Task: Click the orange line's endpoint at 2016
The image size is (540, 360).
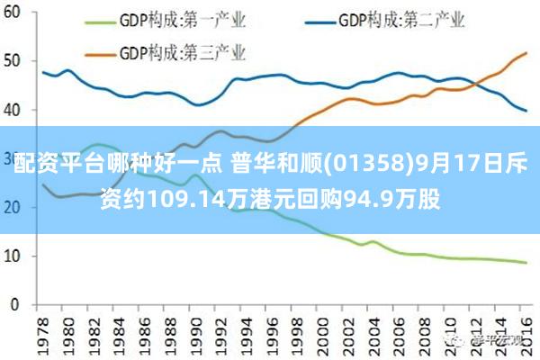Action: click(526, 53)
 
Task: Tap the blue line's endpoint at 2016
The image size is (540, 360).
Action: click(526, 111)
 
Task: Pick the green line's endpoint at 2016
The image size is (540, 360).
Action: click(526, 263)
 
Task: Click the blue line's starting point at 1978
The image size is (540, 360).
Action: click(43, 72)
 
